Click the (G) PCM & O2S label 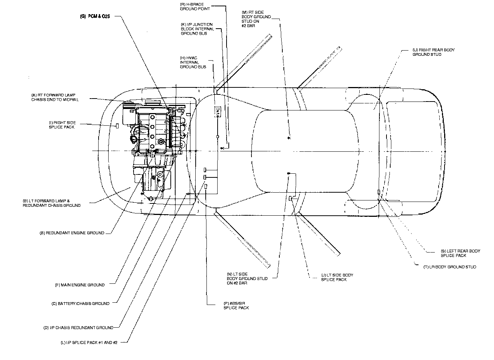point(96,16)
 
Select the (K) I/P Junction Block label point(197,29)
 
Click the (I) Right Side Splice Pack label point(62,125)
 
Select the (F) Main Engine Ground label point(80,285)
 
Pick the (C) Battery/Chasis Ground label point(81,303)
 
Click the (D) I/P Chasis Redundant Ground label point(78,328)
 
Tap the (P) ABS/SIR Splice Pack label point(236,306)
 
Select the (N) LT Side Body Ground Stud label point(247,279)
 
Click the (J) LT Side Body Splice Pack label point(337,277)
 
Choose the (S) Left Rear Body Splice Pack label point(460,253)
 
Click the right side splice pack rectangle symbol point(117,126)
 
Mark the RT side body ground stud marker point(289,138)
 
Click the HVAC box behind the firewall point(218,111)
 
